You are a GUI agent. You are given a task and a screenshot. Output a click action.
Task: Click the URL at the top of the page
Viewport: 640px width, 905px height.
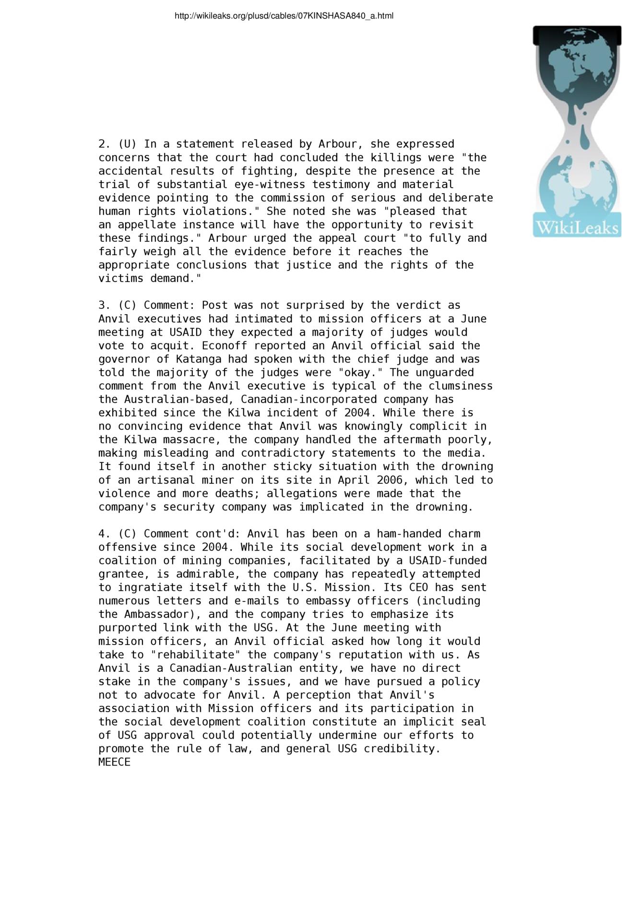(x=284, y=16)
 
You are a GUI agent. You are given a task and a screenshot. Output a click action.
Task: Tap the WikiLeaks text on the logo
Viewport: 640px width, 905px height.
(x=577, y=227)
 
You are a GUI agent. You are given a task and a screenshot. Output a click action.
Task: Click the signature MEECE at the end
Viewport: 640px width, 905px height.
(x=114, y=762)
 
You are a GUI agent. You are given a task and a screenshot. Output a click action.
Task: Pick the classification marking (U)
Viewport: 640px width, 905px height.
(x=127, y=144)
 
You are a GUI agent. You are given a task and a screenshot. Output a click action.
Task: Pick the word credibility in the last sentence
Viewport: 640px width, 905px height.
(x=402, y=749)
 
